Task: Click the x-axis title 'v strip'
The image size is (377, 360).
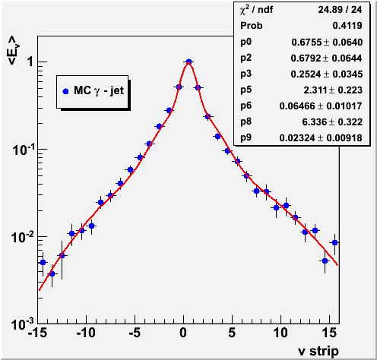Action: [318, 351]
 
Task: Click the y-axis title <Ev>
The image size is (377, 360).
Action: [14, 50]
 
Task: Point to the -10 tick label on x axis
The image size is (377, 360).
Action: [86, 333]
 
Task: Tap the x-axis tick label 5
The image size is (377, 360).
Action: [232, 333]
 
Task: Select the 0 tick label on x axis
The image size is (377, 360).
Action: [183, 333]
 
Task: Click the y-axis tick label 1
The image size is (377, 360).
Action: [30, 62]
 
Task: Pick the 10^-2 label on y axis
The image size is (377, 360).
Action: [22, 236]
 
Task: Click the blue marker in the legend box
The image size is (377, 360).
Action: [65, 91]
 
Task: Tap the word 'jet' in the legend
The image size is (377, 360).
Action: [117, 90]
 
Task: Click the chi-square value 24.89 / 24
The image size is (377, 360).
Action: [340, 10]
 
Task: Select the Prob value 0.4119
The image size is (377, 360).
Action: [347, 26]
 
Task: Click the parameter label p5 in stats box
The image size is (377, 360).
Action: [246, 90]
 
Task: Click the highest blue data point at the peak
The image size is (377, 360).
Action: [188, 62]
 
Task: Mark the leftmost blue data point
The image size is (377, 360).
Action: [43, 262]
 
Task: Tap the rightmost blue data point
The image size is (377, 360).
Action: [334, 242]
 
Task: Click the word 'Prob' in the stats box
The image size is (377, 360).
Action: [252, 26]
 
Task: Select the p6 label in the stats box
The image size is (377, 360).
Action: [246, 106]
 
